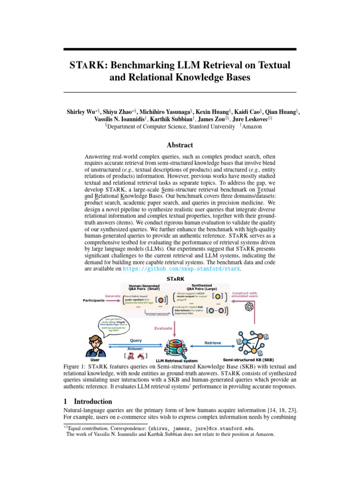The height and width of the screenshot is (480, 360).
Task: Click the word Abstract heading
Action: [180, 145]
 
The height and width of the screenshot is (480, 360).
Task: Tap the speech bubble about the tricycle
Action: [113, 325]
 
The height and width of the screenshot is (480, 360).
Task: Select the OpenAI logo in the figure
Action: [249, 307]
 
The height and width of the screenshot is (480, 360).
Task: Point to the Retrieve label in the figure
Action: [213, 343]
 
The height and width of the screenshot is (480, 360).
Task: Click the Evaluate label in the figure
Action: [163, 328]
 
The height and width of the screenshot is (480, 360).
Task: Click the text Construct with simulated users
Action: [245, 294]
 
